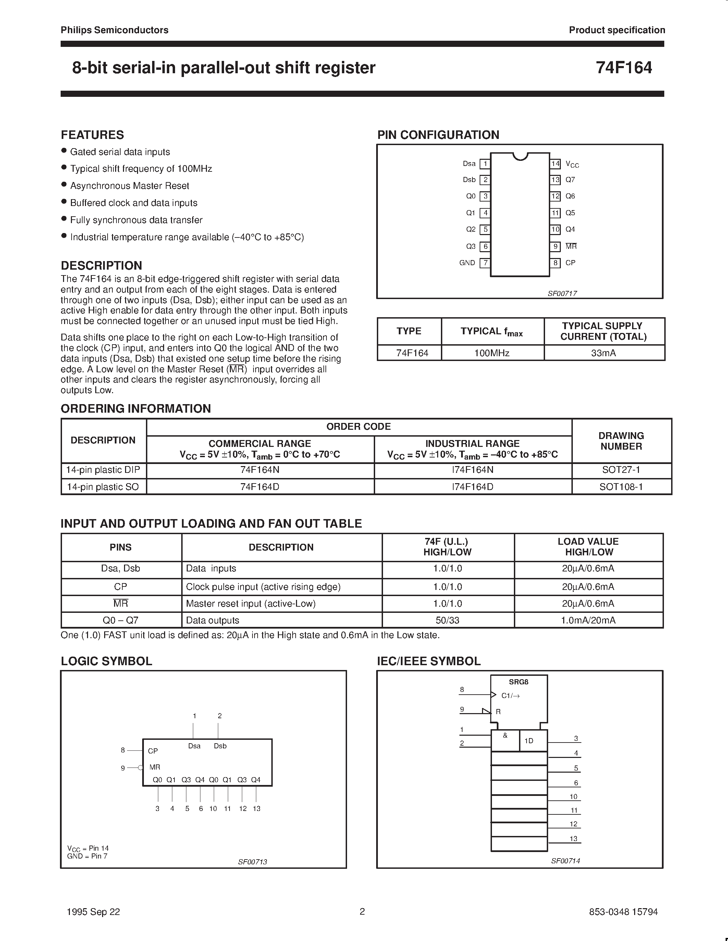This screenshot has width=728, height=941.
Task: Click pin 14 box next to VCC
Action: (x=555, y=164)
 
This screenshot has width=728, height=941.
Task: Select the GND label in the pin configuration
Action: (x=467, y=263)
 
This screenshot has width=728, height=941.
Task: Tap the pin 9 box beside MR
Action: (x=555, y=246)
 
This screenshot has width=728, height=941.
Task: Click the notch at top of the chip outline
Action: (x=520, y=156)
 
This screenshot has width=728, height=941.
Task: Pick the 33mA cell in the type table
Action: (x=603, y=353)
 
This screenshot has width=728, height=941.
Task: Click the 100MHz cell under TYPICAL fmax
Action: (x=492, y=353)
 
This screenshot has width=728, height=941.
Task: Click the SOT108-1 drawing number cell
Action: (x=621, y=487)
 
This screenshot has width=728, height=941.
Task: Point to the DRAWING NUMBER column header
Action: (x=621, y=441)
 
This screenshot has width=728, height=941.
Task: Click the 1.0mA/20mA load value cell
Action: (x=588, y=620)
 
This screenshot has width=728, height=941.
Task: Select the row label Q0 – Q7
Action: (x=120, y=620)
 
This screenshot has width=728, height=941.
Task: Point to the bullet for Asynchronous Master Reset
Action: (x=64, y=185)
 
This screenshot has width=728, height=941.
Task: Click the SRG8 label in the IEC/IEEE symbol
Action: (x=518, y=682)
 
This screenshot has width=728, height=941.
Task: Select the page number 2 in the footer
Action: (x=362, y=911)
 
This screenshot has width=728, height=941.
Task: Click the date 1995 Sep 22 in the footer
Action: (x=94, y=912)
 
